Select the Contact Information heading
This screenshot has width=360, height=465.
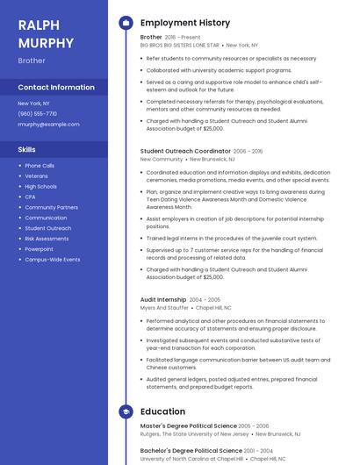56,88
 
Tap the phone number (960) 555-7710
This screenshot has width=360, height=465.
37,114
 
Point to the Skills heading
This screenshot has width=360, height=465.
26,150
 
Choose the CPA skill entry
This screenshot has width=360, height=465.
30,197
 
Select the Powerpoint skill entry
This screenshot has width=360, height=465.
39,249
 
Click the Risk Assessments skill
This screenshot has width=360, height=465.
47,239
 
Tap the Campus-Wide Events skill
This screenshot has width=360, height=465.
52,260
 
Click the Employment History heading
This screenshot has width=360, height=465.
185,23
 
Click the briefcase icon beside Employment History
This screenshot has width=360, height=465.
126,23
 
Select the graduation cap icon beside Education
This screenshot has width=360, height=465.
126,411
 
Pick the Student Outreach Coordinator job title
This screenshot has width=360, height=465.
185,151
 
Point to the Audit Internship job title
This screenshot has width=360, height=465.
163,300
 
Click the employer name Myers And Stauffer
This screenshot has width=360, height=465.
164,308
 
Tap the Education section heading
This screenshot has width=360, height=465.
162,411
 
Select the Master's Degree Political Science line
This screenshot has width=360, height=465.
188,426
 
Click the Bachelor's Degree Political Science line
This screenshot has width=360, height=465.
189,449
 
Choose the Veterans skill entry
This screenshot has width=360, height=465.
36,176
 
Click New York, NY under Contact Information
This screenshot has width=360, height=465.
33,104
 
